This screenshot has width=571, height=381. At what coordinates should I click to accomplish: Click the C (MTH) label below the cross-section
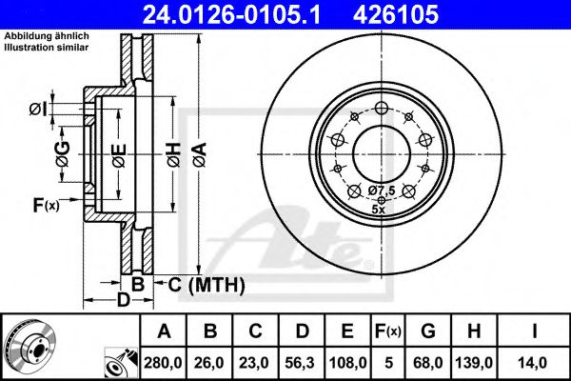click(206, 284)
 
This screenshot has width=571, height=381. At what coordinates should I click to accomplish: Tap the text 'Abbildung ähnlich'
click(47, 36)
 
